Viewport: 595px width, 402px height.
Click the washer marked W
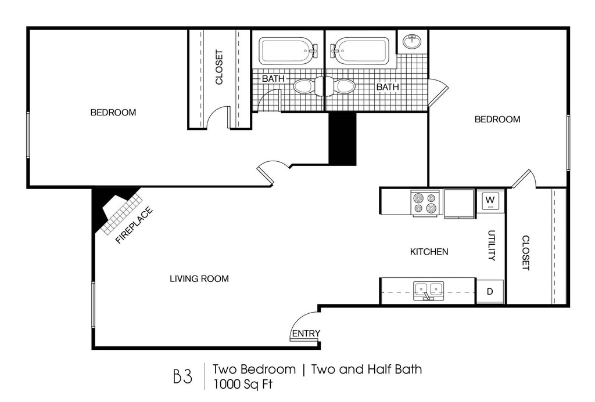pyautogui.click(x=490, y=201)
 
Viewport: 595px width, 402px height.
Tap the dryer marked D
pyautogui.click(x=490, y=291)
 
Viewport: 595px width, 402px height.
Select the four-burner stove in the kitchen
pyautogui.click(x=425, y=202)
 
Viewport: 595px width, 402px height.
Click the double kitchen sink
pyautogui.click(x=429, y=291)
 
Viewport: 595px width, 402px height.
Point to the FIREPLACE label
pyautogui.click(x=134, y=225)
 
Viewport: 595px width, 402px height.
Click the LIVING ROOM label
pyautogui.click(x=199, y=279)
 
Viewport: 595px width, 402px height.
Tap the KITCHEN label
pyautogui.click(x=429, y=252)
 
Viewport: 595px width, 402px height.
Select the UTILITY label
pyautogui.click(x=492, y=245)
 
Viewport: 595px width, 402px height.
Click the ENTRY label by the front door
pyautogui.click(x=306, y=334)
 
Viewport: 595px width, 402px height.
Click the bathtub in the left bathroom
pyautogui.click(x=288, y=51)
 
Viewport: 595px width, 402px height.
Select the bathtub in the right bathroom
pyautogui.click(x=360, y=51)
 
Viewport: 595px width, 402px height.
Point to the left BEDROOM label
pyautogui.click(x=113, y=113)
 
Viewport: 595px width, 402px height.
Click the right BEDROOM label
pyautogui.click(x=497, y=119)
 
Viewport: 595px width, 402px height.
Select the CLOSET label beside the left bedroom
pyautogui.click(x=219, y=67)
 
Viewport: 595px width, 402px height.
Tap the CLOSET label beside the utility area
pyautogui.click(x=526, y=253)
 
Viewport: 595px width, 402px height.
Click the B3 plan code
pyautogui.click(x=183, y=376)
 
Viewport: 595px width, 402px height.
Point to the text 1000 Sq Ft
pyautogui.click(x=243, y=384)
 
